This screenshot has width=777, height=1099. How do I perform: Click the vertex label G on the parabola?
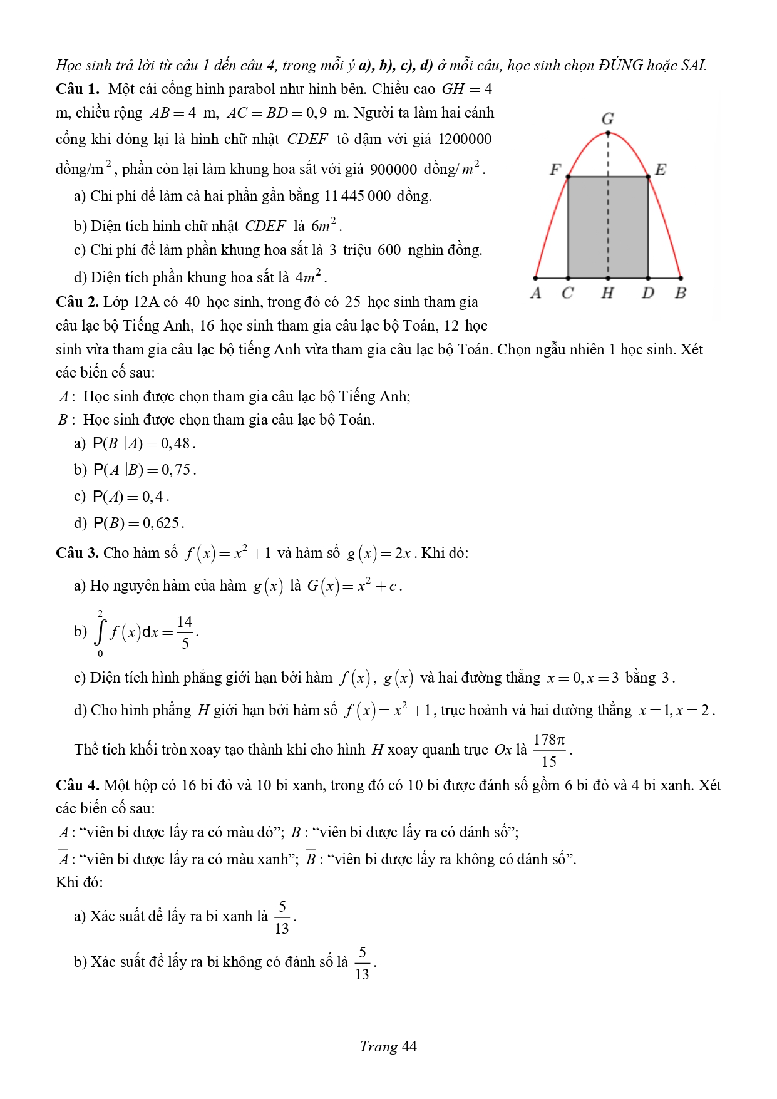point(607,118)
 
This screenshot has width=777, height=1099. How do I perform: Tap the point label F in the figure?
point(555,169)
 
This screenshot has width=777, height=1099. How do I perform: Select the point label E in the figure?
point(661,169)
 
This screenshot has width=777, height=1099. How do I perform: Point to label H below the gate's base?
point(607,292)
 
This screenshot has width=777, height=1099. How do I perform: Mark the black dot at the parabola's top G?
point(608,133)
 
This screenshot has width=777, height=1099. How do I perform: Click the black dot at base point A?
point(535,277)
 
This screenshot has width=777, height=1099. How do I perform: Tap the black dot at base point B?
point(681,277)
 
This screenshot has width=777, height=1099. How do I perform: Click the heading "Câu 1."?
point(78,89)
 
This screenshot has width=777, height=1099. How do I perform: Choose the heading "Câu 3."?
point(78,553)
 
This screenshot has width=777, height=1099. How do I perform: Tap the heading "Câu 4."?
point(78,785)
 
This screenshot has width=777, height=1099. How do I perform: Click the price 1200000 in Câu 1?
point(465,139)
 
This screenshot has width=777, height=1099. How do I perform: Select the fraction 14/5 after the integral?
point(185,632)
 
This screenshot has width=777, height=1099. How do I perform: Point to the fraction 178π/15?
point(549,750)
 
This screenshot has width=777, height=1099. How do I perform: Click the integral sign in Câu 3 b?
point(100,632)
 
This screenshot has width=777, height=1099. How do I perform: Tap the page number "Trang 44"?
point(388,1046)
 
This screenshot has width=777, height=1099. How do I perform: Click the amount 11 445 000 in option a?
point(358,196)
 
